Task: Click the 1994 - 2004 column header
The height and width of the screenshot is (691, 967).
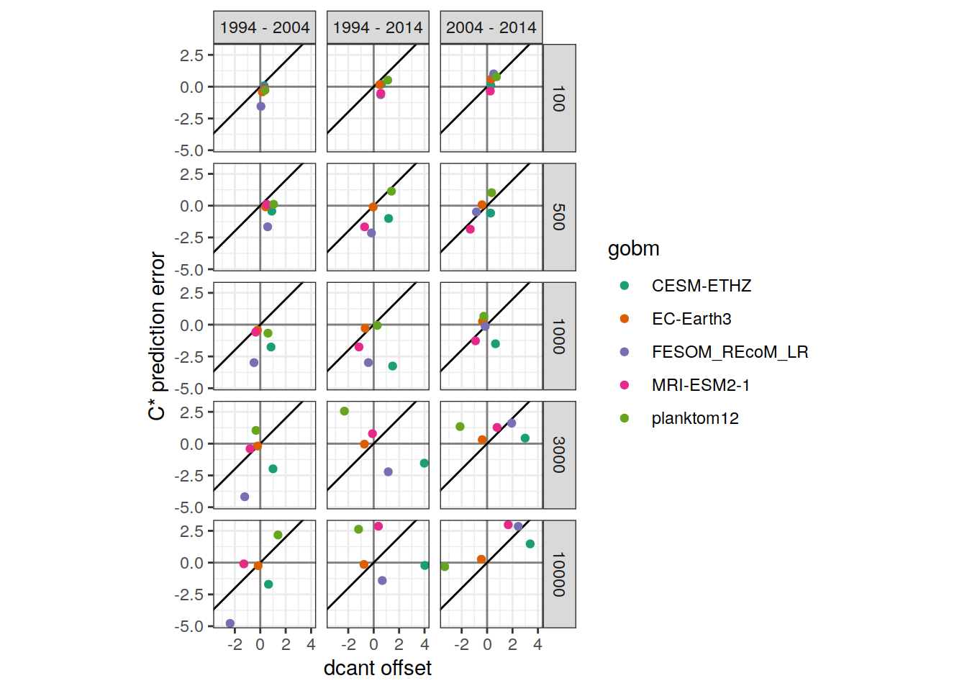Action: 265,27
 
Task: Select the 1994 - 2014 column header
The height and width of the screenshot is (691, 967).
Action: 378,27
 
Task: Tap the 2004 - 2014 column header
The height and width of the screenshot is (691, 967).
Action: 491,27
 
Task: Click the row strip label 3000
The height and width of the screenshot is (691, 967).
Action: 559,455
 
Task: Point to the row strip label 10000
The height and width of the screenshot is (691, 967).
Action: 559,574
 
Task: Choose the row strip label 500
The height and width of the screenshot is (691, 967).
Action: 559,217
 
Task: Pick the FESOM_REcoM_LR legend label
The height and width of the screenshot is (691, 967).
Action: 730,352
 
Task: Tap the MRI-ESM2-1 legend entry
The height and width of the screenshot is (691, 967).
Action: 701,385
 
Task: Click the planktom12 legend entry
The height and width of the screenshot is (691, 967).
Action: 695,418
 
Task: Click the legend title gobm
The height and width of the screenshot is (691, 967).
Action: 634,249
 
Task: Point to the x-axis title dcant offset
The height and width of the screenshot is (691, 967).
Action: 378,668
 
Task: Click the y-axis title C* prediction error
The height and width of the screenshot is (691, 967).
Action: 156,336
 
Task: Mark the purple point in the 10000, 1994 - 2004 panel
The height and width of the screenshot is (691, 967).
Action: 230,623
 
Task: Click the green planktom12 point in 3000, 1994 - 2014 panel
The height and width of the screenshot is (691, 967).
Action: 344,411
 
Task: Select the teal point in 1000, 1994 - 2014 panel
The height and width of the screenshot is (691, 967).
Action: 392,366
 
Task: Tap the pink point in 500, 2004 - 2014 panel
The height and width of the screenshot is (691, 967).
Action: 470,230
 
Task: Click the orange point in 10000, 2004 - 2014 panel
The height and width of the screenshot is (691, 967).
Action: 481,559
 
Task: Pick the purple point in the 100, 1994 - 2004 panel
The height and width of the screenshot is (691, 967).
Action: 260,107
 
